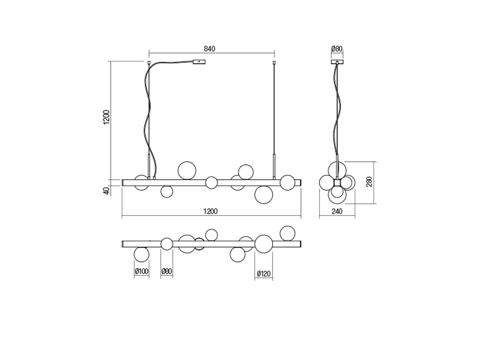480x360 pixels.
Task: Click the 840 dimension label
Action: (x=209, y=49)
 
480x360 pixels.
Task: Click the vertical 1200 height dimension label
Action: (x=106, y=117)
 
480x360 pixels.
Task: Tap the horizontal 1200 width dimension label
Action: (x=210, y=211)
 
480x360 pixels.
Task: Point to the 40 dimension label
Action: (x=106, y=190)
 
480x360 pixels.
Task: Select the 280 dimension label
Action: (x=369, y=181)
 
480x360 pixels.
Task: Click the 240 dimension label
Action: (x=337, y=211)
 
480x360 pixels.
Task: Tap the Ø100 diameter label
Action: (x=142, y=271)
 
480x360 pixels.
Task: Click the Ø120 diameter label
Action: (x=263, y=274)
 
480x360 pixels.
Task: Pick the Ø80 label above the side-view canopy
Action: (x=337, y=49)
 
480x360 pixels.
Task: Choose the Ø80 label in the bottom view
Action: (x=166, y=271)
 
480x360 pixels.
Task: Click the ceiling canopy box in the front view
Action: (x=199, y=62)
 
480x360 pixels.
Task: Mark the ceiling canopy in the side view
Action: (x=337, y=62)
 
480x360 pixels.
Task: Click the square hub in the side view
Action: (x=337, y=182)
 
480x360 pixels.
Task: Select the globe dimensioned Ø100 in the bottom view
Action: (x=142, y=254)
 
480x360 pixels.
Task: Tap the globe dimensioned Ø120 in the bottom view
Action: (x=264, y=244)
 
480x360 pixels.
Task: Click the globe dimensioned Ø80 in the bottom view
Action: (x=166, y=244)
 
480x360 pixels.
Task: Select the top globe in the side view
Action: (x=337, y=170)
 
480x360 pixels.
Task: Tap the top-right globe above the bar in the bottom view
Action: (x=287, y=233)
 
